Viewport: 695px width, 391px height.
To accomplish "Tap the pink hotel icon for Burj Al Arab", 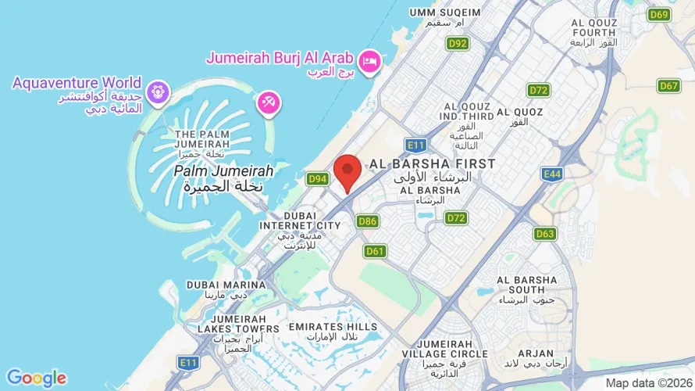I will [x=369, y=59].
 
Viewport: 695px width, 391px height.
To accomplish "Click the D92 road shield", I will [x=458, y=44].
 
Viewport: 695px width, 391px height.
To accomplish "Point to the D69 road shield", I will [x=660, y=15].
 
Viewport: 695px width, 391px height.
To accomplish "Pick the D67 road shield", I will [x=668, y=86].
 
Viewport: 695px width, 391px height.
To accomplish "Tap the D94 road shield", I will [x=317, y=179].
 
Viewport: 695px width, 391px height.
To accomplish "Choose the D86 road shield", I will [x=368, y=222].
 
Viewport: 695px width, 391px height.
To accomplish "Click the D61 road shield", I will [x=375, y=251].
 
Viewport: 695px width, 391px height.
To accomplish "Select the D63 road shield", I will [x=545, y=234].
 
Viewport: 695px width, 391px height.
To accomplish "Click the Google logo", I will [x=36, y=378].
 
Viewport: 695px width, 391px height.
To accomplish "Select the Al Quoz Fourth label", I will [x=597, y=32].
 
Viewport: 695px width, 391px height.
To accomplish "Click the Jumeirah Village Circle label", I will [x=452, y=354].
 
